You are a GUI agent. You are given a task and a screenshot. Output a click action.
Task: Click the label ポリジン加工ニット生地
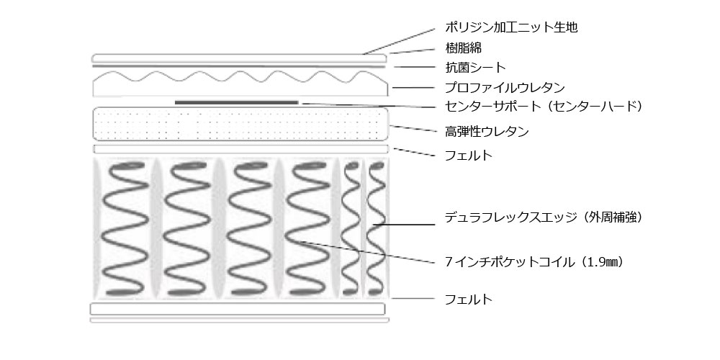pos(512,28)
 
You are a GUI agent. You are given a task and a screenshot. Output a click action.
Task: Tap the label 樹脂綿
pos(464,48)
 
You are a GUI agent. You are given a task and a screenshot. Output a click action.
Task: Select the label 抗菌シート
pos(475,68)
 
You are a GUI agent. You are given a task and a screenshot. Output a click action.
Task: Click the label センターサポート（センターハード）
pos(544,107)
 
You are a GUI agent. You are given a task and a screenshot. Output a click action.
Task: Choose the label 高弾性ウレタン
pos(487,132)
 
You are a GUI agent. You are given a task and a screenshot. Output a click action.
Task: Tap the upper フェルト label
pos(469,155)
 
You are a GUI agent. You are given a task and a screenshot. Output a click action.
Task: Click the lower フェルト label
pos(469,299)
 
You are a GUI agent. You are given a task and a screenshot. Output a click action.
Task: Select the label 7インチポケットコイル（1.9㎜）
pos(534,262)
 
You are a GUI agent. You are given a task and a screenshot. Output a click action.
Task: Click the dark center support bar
pos(236,102)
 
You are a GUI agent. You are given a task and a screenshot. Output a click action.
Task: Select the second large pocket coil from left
pos(186,229)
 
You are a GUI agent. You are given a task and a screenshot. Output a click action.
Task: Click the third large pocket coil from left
pos(248,229)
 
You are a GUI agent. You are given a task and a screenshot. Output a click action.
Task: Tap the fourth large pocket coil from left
pos(310,229)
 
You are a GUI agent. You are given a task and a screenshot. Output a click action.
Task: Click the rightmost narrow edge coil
pos(375,229)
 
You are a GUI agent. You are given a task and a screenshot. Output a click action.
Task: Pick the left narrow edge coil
pos(351,229)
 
